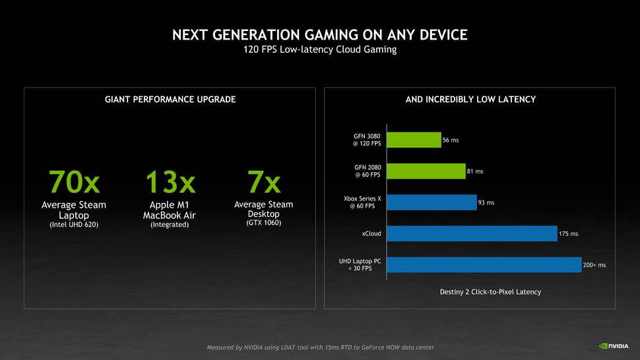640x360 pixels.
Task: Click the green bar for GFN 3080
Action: [x=414, y=140]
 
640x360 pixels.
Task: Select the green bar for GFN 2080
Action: [x=426, y=171]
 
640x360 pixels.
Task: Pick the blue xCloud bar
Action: [x=472, y=233]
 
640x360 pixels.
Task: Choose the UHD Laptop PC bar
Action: [x=484, y=264]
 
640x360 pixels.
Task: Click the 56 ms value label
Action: [x=451, y=140]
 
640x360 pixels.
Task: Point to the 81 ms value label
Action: [x=475, y=171]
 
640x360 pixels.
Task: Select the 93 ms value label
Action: [x=486, y=202]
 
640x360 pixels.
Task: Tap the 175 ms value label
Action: [x=568, y=234]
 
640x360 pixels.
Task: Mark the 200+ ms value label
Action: [x=594, y=265]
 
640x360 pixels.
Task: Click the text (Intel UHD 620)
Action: [x=74, y=225]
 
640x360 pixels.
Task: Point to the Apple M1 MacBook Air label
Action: [x=170, y=210]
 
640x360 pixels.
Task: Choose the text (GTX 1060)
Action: [x=263, y=224]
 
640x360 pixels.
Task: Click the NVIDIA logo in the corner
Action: [x=613, y=345]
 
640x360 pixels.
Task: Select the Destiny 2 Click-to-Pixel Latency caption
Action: [x=490, y=291]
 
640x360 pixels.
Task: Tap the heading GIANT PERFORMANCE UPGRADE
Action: [x=170, y=100]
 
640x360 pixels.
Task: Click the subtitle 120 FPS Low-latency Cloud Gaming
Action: [x=320, y=50]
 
